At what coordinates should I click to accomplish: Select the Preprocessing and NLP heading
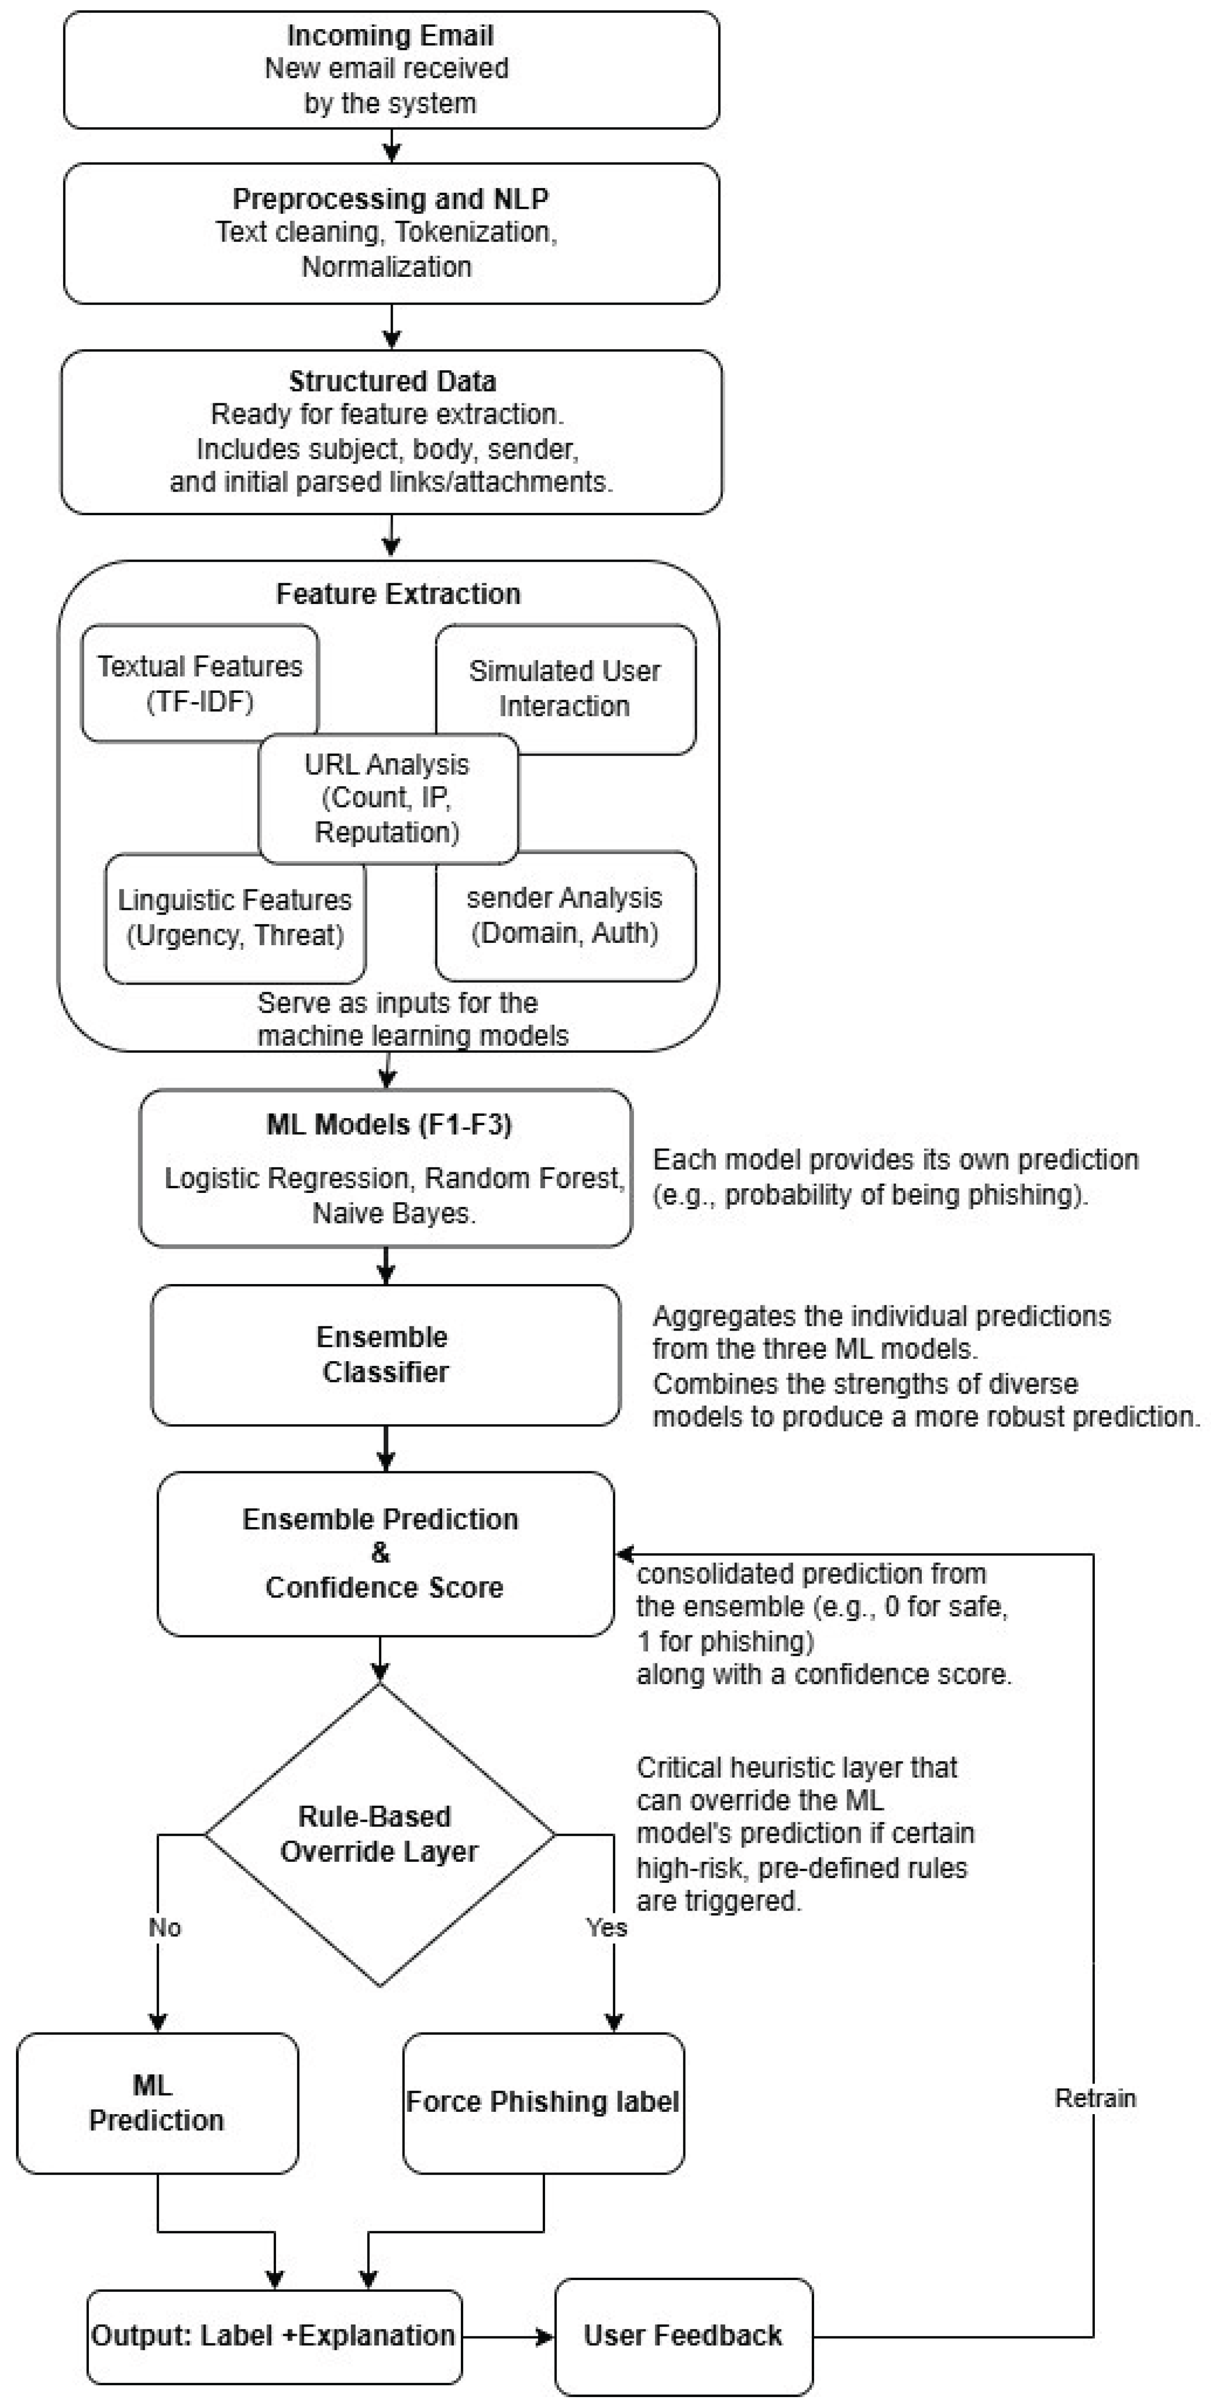tap(391, 199)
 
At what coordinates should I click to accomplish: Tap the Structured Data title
tap(392, 381)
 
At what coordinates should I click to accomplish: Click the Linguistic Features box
tap(235, 917)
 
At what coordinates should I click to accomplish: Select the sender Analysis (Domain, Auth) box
tap(564, 915)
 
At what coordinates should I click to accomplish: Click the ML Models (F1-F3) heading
tap(389, 1125)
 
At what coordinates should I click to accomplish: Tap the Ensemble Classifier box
tap(385, 1354)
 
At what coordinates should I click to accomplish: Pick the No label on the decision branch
tap(165, 1927)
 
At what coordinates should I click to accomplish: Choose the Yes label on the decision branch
tap(606, 1927)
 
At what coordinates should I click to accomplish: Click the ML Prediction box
tap(157, 2102)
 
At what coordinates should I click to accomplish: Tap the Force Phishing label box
tap(543, 2102)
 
